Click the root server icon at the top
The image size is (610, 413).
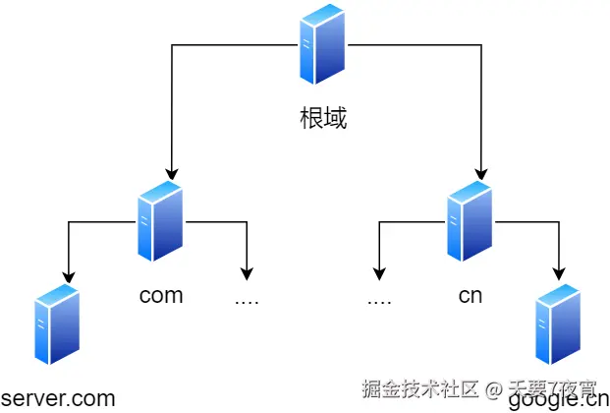[x=323, y=44]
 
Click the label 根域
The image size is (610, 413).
[x=323, y=119]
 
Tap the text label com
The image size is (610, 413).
[x=161, y=295]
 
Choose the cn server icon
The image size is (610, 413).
[x=469, y=221]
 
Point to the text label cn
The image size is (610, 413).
[x=470, y=295]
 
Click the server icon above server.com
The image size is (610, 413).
[x=56, y=325]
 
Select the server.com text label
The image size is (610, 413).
[x=58, y=398]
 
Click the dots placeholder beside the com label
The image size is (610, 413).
[x=247, y=299]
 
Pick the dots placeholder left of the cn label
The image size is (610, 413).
[x=379, y=299]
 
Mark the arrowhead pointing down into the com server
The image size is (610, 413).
[x=172, y=174]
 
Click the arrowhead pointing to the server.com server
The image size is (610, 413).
[x=68, y=274]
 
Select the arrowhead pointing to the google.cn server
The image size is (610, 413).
[x=559, y=274]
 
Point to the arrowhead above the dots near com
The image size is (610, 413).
[x=247, y=274]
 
